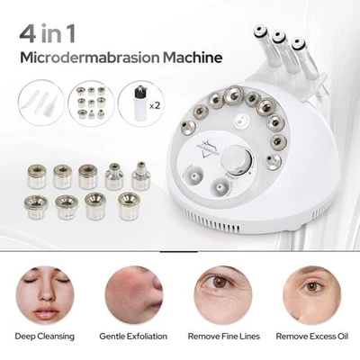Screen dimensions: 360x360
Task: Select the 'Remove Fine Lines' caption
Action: pyautogui.click(x=225, y=337)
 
